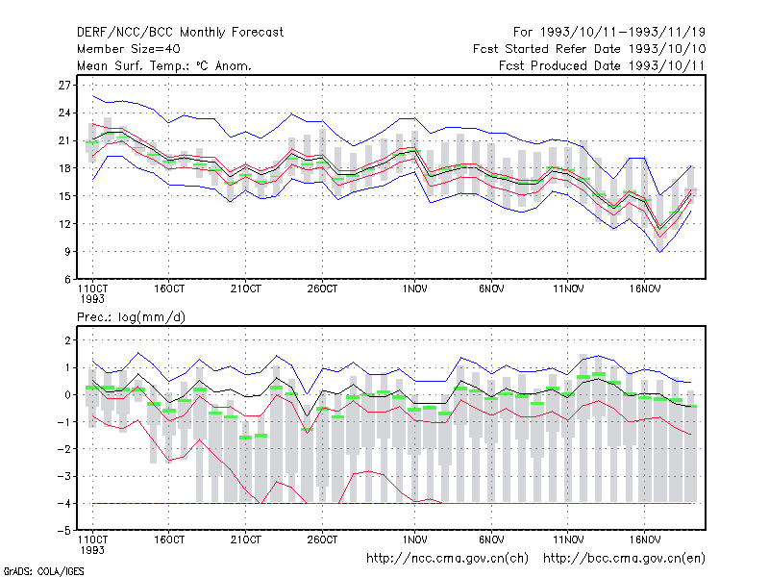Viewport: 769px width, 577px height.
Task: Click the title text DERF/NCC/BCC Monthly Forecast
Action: coord(180,33)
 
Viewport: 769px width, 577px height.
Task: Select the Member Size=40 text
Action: coord(129,49)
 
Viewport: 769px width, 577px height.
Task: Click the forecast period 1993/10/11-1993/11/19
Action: coord(609,33)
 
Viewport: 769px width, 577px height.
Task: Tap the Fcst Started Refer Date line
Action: coord(589,49)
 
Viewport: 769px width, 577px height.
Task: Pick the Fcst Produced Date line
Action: coord(603,65)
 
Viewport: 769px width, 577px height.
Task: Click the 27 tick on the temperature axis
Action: coord(64,86)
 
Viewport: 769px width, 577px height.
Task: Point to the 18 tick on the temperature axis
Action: coord(64,168)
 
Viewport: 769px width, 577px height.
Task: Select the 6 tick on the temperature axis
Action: coord(67,280)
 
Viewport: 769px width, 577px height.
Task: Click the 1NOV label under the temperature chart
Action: coord(415,289)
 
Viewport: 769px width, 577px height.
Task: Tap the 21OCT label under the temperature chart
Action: coord(246,289)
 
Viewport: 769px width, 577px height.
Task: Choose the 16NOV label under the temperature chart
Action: coord(645,289)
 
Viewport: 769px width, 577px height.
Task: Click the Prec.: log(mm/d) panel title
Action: coord(131,317)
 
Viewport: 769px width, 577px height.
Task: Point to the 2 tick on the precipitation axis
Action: coord(67,340)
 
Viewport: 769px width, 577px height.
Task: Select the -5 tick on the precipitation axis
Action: coord(64,531)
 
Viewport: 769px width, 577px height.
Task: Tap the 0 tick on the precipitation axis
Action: coord(67,395)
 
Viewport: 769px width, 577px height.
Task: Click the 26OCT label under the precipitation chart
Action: coord(322,539)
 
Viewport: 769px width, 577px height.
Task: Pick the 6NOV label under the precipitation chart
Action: coord(491,539)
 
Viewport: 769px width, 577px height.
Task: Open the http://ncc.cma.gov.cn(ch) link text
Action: coord(448,559)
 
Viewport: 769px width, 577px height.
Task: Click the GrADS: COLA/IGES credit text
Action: coord(43,571)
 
